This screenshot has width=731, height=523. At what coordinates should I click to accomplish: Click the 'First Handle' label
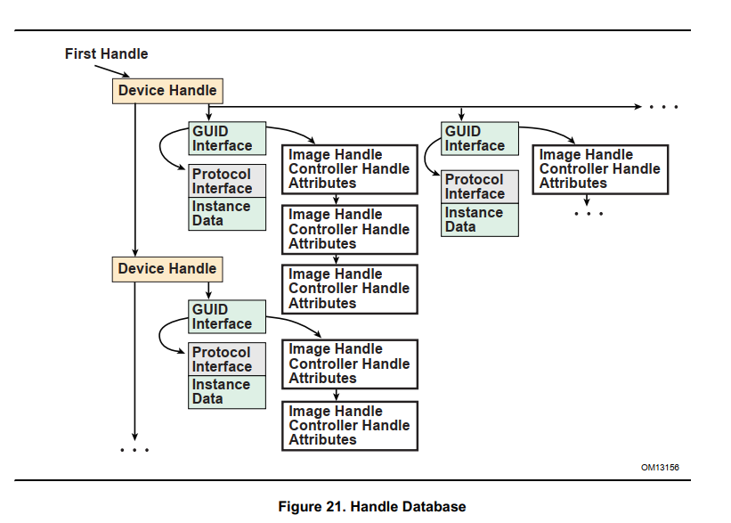pos(106,54)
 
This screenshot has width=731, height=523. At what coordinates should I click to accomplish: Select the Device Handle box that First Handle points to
pos(167,91)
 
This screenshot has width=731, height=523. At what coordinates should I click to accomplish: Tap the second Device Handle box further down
pos(167,269)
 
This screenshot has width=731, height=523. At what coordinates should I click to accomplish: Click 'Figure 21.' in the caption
pos(312,507)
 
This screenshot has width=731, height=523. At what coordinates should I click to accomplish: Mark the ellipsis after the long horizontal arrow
pos(663,107)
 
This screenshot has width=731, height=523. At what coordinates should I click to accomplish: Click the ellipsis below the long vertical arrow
pos(134,450)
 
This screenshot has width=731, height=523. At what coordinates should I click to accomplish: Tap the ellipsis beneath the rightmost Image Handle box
pos(589,214)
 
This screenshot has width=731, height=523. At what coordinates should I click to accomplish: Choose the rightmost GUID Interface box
pos(479,139)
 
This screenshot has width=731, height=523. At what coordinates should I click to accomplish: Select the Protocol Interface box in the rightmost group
pos(480,187)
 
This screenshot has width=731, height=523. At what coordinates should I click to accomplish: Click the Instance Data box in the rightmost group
pos(480,220)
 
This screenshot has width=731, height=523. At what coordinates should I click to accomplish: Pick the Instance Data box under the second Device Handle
pos(227,392)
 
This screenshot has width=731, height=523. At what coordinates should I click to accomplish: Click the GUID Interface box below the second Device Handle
pos(227,317)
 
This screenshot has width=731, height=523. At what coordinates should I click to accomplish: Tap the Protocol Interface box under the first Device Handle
pos(227,182)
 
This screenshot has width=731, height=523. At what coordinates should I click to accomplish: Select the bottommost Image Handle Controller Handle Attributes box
pos(350,426)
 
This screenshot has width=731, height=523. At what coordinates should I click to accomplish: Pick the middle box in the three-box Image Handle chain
pos(350,229)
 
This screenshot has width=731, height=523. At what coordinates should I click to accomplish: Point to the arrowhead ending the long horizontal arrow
pos(637,107)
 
